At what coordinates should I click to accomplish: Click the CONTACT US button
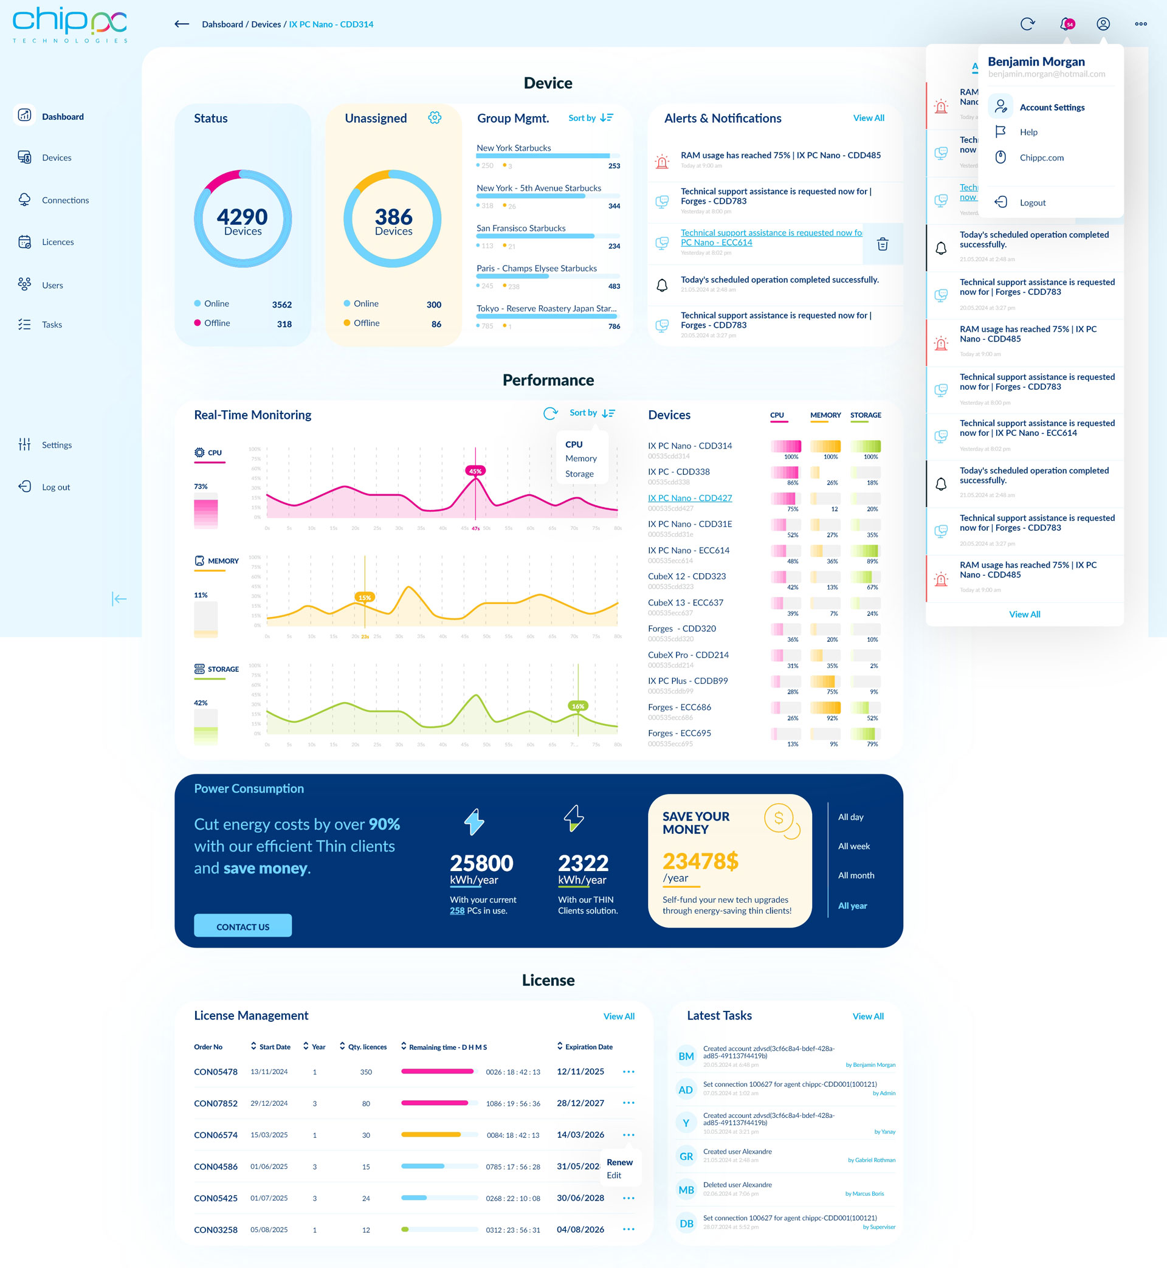243,926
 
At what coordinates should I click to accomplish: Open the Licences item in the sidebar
58,242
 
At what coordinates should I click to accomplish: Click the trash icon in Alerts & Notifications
882,244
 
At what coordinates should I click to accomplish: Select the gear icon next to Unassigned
435,118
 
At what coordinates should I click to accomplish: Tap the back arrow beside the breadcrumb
182,24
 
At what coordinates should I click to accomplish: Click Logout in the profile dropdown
1032,202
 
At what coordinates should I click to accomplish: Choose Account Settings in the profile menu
1052,108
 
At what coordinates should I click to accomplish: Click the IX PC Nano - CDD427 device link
690,498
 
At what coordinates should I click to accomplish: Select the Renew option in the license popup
619,1162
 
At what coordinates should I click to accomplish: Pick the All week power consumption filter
853,846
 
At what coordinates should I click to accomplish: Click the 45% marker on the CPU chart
475,471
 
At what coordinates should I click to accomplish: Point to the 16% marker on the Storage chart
578,706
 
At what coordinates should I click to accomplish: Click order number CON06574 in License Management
215,1135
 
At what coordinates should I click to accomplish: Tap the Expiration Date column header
588,1046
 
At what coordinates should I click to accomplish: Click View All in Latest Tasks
868,1016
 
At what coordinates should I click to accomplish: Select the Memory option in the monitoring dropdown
580,458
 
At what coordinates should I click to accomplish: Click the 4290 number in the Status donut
243,216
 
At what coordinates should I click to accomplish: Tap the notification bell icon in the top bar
1066,24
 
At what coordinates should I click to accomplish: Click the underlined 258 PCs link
456,911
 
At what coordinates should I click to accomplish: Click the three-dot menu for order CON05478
628,1072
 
